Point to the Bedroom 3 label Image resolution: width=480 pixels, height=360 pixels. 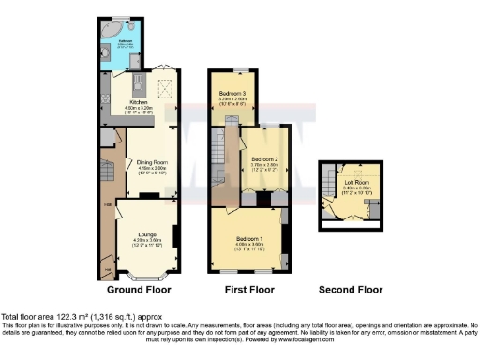pyautogui.click(x=232, y=94)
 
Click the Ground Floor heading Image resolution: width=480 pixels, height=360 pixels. pyautogui.click(x=140, y=290)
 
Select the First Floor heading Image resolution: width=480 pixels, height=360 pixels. pyautogui.click(x=249, y=290)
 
